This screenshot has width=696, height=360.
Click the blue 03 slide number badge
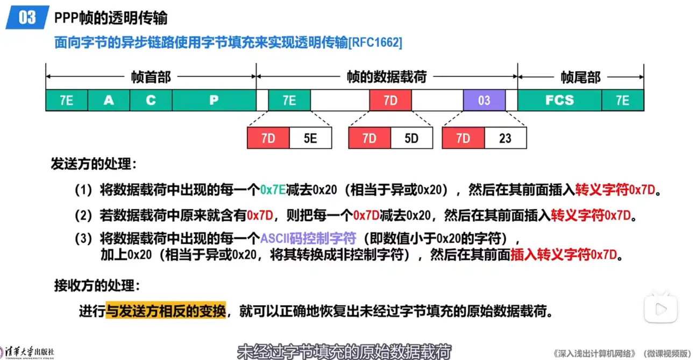(26, 18)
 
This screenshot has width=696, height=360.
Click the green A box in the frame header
(109, 100)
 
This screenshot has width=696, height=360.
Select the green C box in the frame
(151, 100)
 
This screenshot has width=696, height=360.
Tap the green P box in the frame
(214, 100)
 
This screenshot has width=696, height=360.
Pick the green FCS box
(559, 100)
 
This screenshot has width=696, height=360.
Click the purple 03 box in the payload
(484, 100)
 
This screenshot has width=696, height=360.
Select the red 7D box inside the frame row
(390, 100)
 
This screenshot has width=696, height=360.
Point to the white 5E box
(310, 138)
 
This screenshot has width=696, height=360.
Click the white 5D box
(411, 138)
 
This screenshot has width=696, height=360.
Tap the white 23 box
(505, 138)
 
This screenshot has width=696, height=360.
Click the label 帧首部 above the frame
(151, 77)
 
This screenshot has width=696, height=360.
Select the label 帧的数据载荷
(386, 77)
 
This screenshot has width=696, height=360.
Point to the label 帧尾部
(580, 77)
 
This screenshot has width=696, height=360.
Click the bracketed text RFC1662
(375, 43)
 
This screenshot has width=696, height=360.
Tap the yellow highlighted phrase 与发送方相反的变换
(165, 310)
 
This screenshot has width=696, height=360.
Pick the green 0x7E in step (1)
(273, 189)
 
